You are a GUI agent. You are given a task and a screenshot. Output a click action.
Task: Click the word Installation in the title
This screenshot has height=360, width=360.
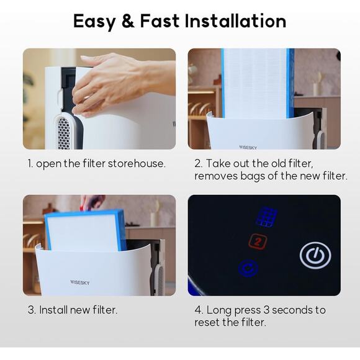pyautogui.click(x=235, y=21)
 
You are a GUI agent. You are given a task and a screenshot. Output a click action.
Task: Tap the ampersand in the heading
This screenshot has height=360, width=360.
pyautogui.click(x=128, y=21)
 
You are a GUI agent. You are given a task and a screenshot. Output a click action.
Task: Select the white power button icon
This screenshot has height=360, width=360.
pyautogui.click(x=315, y=255)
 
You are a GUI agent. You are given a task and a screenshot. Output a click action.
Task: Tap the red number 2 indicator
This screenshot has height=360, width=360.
pyautogui.click(x=258, y=241)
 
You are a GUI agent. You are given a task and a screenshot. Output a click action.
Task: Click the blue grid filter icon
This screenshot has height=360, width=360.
pyautogui.click(x=266, y=217)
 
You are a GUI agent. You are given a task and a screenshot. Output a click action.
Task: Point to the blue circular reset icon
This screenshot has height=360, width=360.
pyautogui.click(x=248, y=268)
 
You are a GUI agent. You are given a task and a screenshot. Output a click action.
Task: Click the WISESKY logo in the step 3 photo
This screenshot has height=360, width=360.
pyautogui.click(x=79, y=282)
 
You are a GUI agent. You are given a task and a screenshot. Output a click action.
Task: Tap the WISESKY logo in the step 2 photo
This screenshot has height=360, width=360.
pyautogui.click(x=248, y=147)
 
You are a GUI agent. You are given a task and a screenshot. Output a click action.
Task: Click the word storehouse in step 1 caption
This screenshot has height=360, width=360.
pyautogui.click(x=137, y=164)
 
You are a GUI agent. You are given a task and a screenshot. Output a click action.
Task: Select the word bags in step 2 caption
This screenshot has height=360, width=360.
pyautogui.click(x=253, y=176)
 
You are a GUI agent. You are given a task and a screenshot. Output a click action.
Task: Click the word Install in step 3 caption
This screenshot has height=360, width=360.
pyautogui.click(x=54, y=310)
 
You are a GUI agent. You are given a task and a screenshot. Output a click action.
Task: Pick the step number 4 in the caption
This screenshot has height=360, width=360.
pyautogui.click(x=198, y=310)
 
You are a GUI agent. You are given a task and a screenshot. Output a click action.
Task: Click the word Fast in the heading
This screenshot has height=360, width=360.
pyautogui.click(x=160, y=21)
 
